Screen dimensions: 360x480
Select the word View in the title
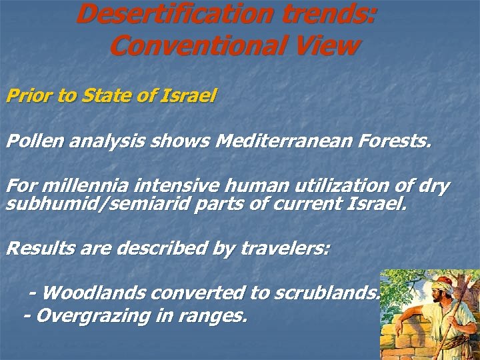327,45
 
